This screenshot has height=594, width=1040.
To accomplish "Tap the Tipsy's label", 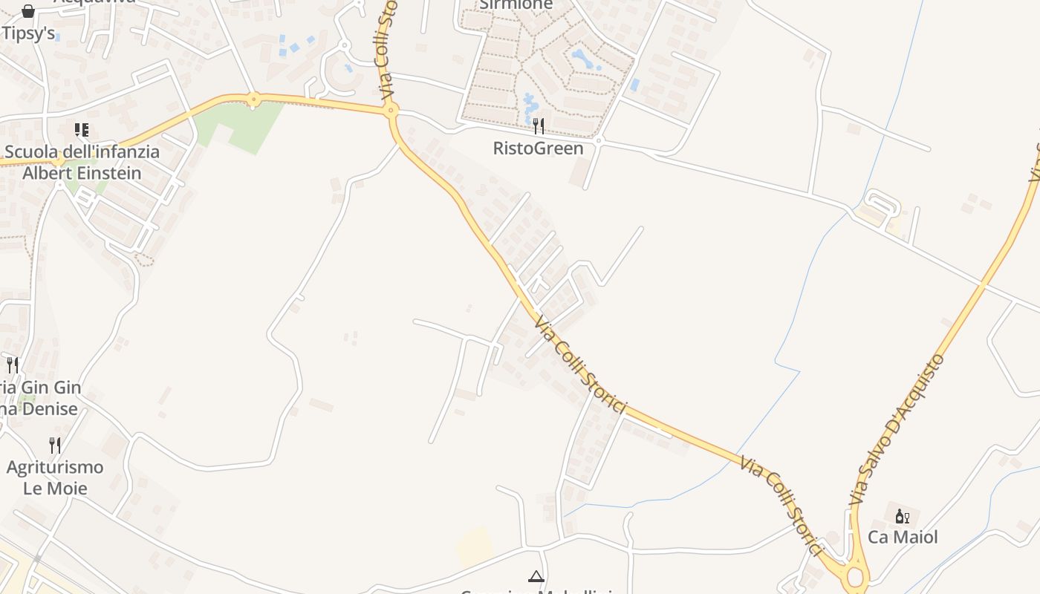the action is pyautogui.click(x=28, y=33).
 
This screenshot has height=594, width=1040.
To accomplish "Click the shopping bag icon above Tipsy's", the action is pyautogui.click(x=28, y=10).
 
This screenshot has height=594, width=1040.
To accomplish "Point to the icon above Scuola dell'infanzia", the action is pyautogui.click(x=82, y=131).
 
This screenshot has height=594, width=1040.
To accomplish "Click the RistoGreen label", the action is pyautogui.click(x=539, y=148).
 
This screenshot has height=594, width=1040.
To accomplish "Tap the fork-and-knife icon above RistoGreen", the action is pyautogui.click(x=539, y=126).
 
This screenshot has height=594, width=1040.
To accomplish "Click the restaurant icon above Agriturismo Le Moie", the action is pyautogui.click(x=55, y=446).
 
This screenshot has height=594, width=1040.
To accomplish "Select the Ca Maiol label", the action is pyautogui.click(x=903, y=537).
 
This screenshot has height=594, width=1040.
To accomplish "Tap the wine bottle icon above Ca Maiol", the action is pyautogui.click(x=902, y=517).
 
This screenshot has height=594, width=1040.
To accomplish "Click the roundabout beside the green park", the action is pyautogui.click(x=254, y=99).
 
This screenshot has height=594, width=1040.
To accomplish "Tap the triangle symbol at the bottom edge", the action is pyautogui.click(x=536, y=575).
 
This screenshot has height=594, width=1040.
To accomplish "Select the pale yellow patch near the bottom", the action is pyautogui.click(x=475, y=548).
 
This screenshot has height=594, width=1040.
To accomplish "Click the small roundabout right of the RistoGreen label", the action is pyautogui.click(x=599, y=140).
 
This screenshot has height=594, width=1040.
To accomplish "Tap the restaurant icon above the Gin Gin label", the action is pyautogui.click(x=13, y=365).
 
